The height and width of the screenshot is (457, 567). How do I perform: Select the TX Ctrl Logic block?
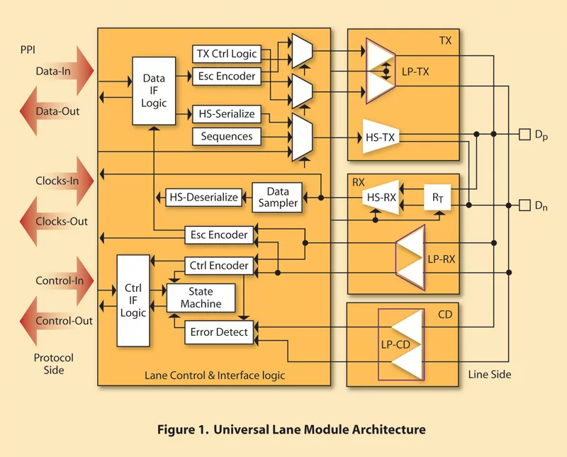pyautogui.click(x=226, y=54)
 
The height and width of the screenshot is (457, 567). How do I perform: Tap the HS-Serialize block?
pyautogui.click(x=226, y=114)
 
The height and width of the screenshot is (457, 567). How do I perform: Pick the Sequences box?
pyautogui.click(x=226, y=136)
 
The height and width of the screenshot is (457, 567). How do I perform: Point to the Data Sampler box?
pyautogui.click(x=277, y=197)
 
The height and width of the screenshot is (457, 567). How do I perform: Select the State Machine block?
pyautogui.click(x=201, y=298)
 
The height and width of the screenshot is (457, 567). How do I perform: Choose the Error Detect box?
pyautogui.click(x=220, y=332)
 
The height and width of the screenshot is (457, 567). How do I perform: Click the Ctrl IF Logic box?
pyautogui.click(x=133, y=300)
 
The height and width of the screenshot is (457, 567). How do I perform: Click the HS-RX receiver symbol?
pyautogui.click(x=378, y=198)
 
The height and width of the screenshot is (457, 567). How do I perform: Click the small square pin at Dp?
pyautogui.click(x=524, y=134)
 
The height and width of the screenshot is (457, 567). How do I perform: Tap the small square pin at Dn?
pyautogui.click(x=524, y=205)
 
